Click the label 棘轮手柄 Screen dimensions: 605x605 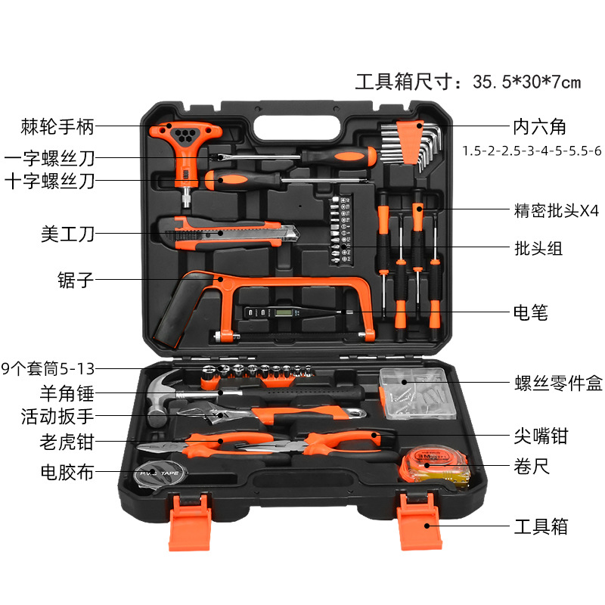point(58,127)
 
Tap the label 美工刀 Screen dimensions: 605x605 point(68,234)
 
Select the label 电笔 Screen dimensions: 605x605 point(530,312)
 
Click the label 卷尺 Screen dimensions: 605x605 point(531,467)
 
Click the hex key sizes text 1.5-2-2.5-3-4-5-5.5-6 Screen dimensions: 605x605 point(532,151)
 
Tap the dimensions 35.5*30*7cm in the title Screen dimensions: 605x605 point(526,82)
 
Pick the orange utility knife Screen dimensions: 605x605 point(227,231)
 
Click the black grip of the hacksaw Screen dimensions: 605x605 point(175,310)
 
